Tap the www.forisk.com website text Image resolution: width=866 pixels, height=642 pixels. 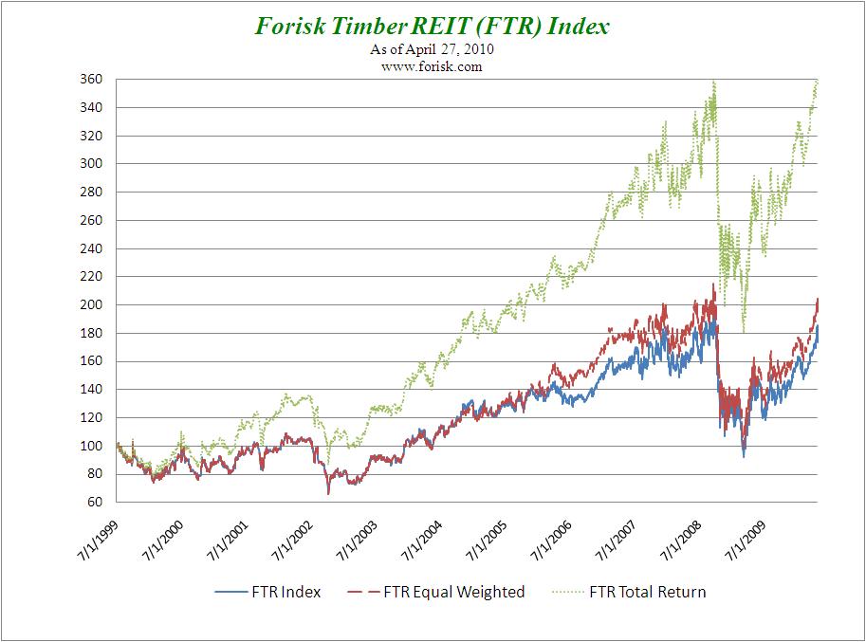(433, 67)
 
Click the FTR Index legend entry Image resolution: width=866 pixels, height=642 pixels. (268, 593)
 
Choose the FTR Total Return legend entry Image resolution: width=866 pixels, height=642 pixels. (630, 593)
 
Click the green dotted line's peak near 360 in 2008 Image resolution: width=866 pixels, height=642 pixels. (713, 82)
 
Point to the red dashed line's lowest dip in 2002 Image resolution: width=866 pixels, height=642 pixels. (328, 493)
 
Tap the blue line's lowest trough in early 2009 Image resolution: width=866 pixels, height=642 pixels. (744, 457)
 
